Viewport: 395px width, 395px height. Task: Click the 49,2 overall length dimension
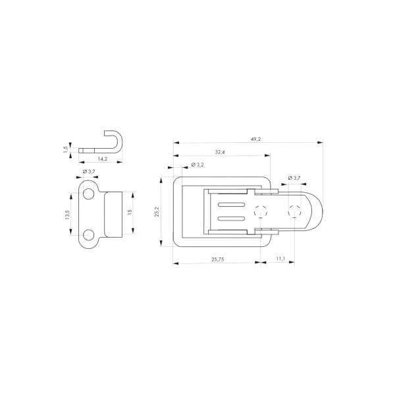click(x=255, y=139)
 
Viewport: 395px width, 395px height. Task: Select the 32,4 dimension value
click(x=220, y=152)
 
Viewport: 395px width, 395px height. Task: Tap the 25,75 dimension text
click(x=218, y=259)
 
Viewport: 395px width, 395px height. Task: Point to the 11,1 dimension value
click(x=280, y=259)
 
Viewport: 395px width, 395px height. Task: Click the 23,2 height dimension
click(x=157, y=211)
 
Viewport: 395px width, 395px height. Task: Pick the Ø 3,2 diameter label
click(x=197, y=165)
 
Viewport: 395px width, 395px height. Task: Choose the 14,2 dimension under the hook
click(x=103, y=159)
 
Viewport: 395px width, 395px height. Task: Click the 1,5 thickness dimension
click(x=66, y=149)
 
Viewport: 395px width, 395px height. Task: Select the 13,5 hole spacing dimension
click(x=67, y=215)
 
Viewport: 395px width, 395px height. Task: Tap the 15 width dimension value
click(x=130, y=212)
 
